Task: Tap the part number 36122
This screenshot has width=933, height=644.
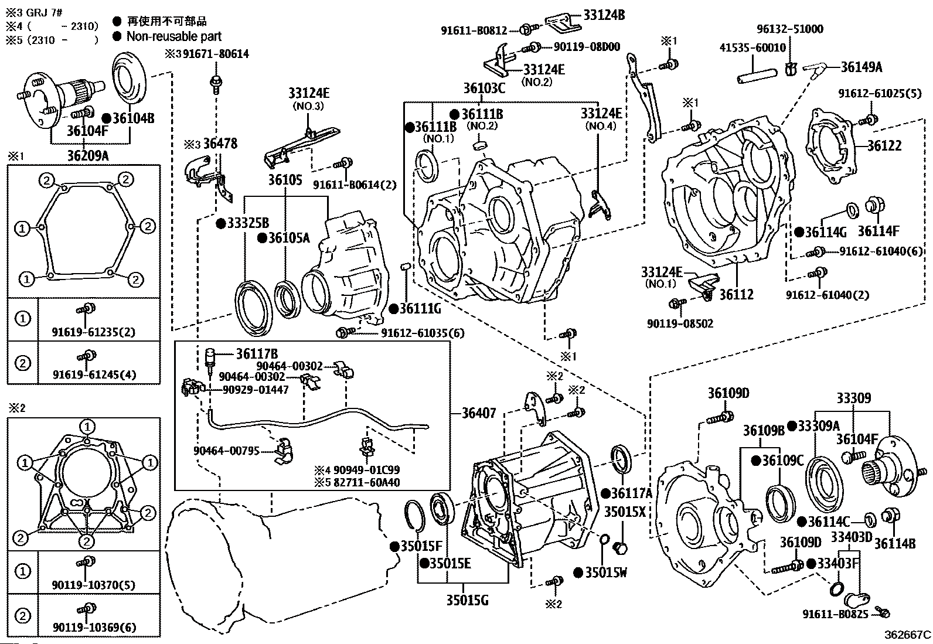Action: pyautogui.click(x=884, y=145)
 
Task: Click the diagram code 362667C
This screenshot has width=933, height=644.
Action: pyautogui.click(x=907, y=635)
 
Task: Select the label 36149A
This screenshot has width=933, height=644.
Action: pyautogui.click(x=861, y=67)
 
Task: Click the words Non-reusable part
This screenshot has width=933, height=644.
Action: pyautogui.click(x=174, y=36)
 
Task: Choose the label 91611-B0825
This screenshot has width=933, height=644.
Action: pyautogui.click(x=834, y=614)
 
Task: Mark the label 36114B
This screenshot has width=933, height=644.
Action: pyautogui.click(x=894, y=543)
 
